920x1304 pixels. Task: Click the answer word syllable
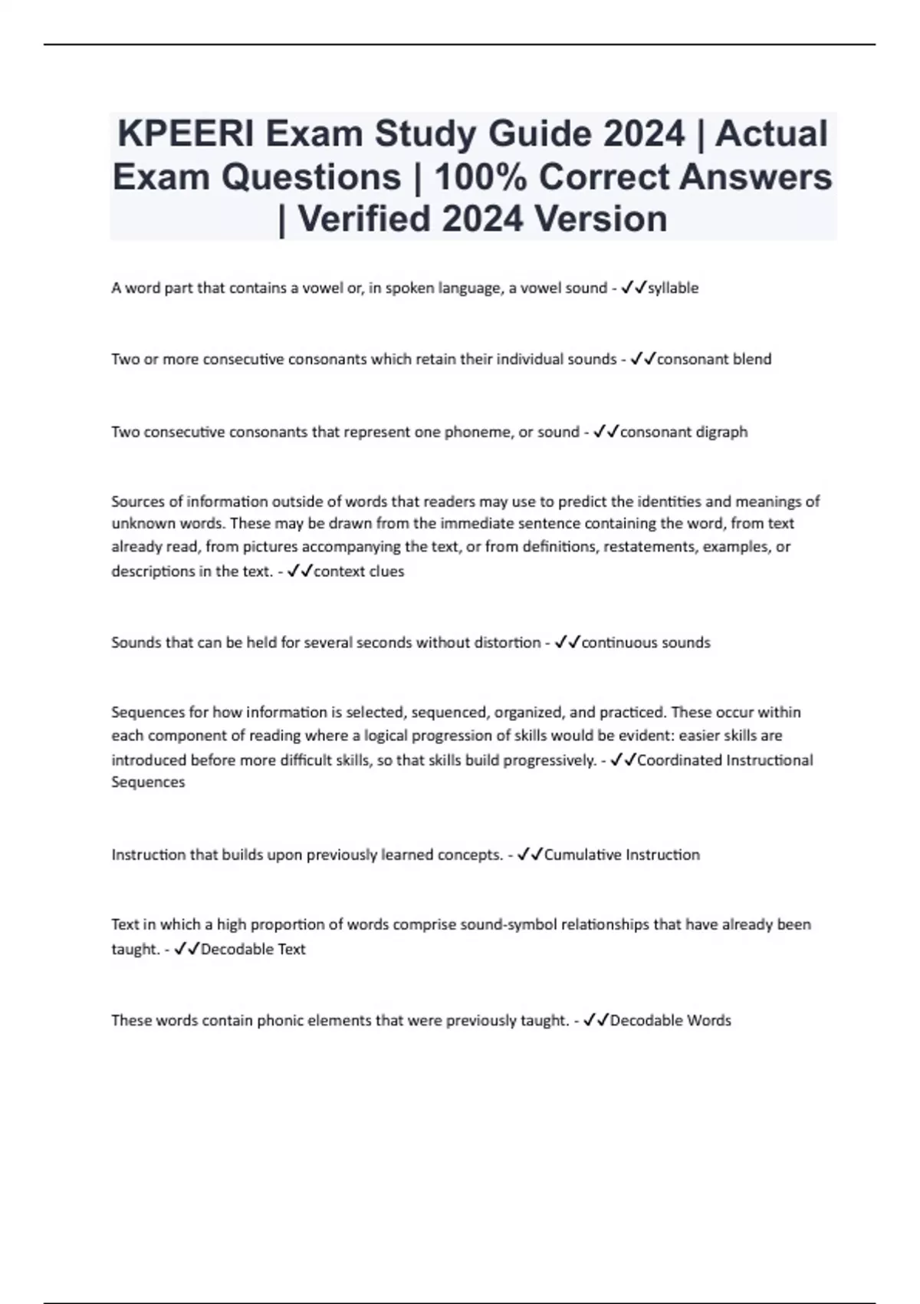point(673,288)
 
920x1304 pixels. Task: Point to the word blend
point(752,359)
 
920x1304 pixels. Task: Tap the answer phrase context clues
point(359,571)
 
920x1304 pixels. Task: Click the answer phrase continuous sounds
point(646,643)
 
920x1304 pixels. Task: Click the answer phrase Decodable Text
point(253,949)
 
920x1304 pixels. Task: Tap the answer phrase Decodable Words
point(670,1020)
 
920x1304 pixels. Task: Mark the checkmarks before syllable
point(634,288)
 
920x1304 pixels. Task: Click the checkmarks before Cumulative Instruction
point(531,855)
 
